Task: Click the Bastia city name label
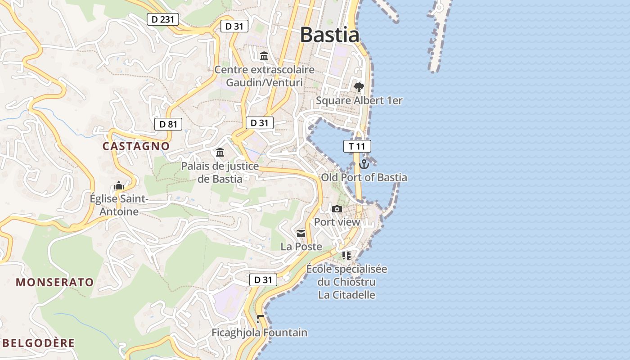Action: click(329, 35)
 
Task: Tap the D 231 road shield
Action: click(163, 19)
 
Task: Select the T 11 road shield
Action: click(357, 146)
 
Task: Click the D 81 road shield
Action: click(168, 124)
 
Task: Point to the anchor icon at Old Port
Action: click(364, 164)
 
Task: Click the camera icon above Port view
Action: click(337, 209)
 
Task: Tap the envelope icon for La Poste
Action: click(301, 234)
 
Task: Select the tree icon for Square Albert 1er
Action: click(359, 87)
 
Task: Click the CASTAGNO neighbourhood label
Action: click(136, 146)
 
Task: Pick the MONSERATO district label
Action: click(55, 283)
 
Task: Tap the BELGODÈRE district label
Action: click(39, 343)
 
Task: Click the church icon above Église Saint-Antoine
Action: click(119, 185)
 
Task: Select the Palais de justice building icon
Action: click(220, 153)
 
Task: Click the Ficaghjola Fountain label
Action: click(260, 333)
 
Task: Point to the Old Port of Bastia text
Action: click(364, 177)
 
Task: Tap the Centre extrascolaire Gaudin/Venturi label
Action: click(264, 76)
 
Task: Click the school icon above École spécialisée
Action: click(346, 256)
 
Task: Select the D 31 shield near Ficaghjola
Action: click(263, 280)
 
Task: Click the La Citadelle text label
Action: click(346, 295)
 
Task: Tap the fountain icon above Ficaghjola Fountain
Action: click(260, 319)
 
